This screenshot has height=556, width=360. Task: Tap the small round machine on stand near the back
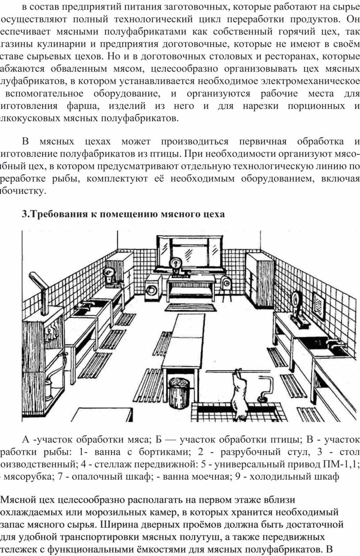tap(227, 284)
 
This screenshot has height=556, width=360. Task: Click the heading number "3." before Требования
tap(25, 215)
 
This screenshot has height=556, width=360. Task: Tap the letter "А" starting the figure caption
tap(26, 440)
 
